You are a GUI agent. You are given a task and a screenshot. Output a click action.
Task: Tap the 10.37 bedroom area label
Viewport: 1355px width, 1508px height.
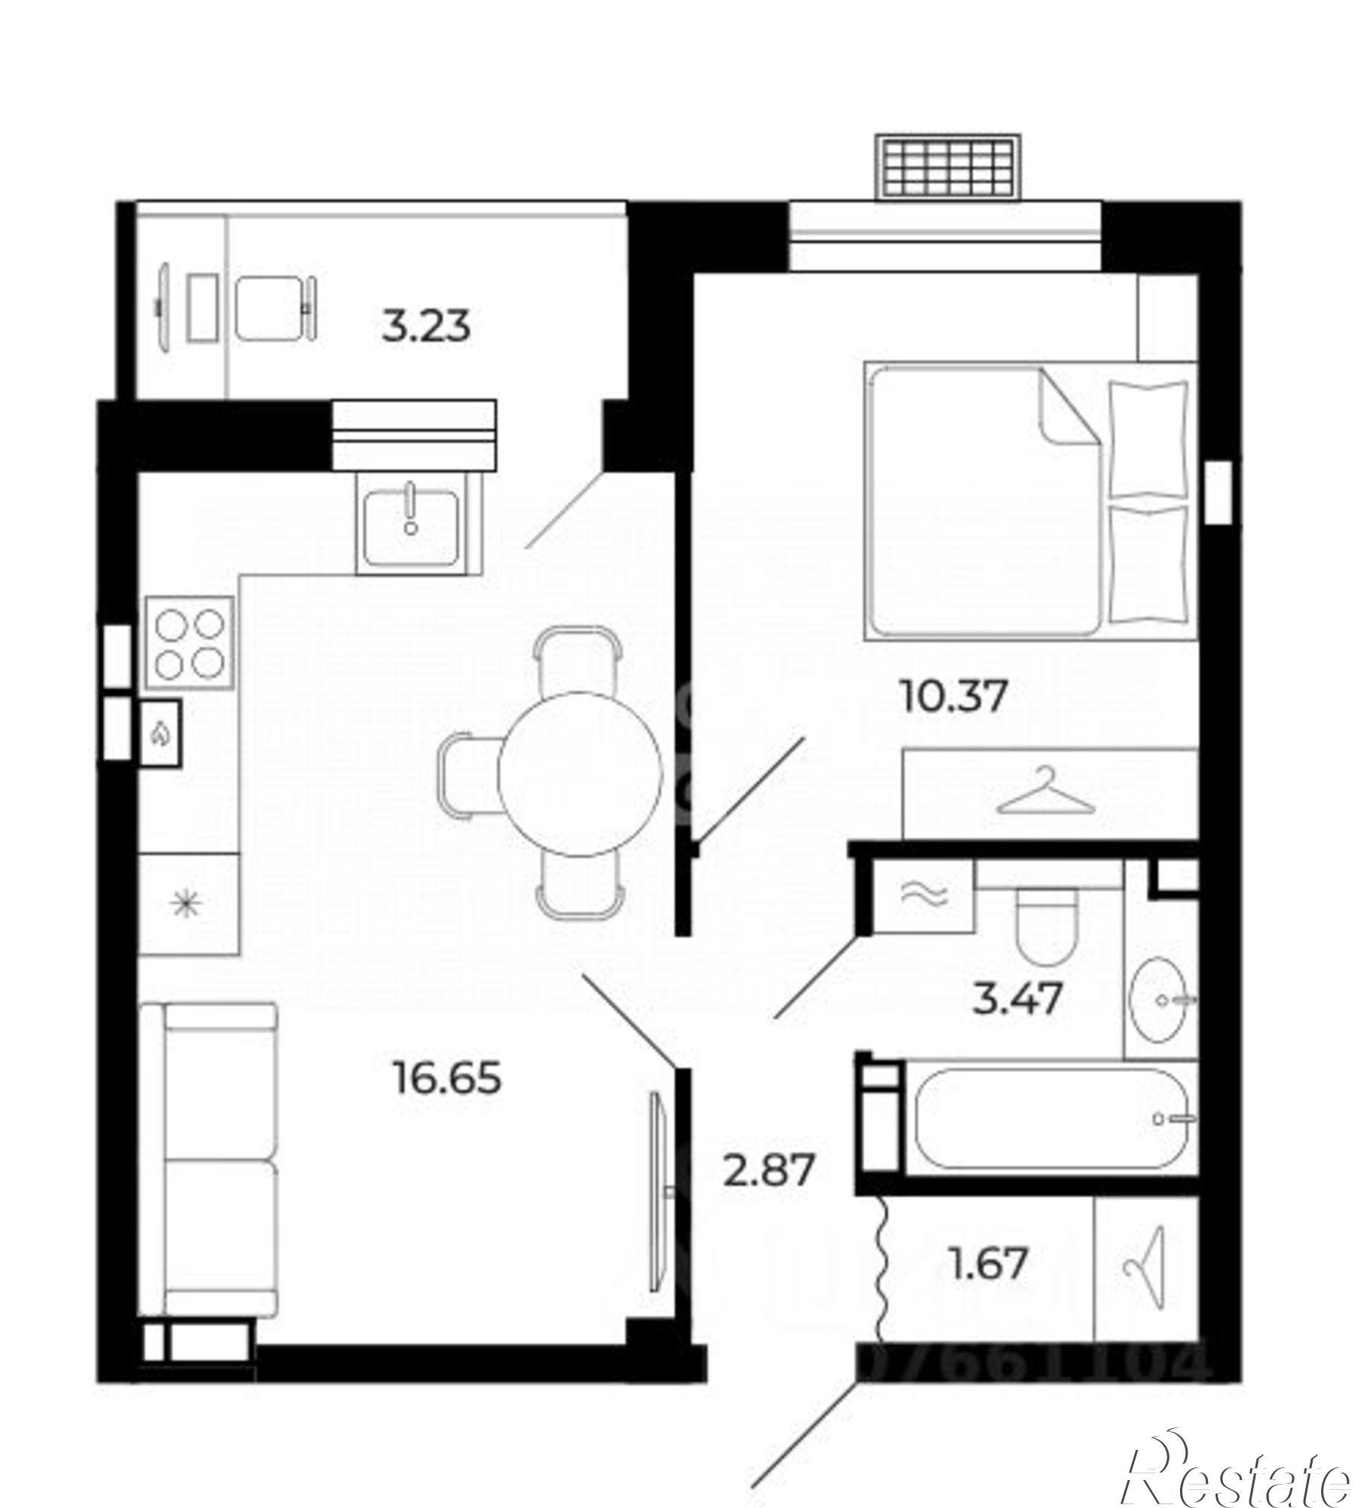[954, 695]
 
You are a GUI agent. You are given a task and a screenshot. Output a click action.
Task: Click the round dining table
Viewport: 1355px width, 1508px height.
[580, 774]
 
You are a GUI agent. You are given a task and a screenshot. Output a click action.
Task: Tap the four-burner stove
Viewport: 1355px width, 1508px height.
[190, 641]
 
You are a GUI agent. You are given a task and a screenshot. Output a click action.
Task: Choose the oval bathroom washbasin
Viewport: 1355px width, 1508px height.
[1160, 1000]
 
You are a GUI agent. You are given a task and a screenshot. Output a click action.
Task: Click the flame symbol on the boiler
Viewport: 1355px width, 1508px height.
[161, 732]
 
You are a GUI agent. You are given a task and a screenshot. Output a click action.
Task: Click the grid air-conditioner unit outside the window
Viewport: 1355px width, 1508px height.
[948, 167]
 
